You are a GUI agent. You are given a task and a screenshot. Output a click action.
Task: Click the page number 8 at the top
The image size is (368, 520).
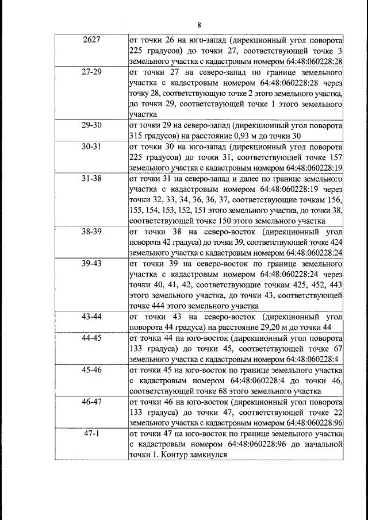pos(200,25)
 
